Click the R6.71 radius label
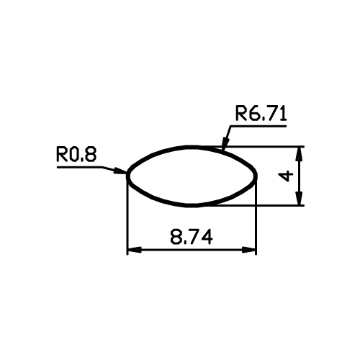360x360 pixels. coord(261,114)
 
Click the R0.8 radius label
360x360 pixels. coord(76,155)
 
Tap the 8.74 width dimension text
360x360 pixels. coord(192,237)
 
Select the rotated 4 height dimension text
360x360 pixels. coord(286,176)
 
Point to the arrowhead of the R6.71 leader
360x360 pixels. coord(225,144)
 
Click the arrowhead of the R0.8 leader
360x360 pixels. coord(120,171)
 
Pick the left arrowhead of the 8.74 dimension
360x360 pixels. coord(134,250)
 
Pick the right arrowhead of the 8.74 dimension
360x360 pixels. coord(248,250)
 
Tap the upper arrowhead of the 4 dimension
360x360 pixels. coord(299,153)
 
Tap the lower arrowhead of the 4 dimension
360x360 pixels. coord(299,199)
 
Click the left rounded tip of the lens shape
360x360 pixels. coord(128,176)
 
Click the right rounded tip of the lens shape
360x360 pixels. coord(256,176)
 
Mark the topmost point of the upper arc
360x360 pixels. coord(192,146)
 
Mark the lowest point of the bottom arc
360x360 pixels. coord(192,205)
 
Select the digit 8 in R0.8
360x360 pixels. coord(91,155)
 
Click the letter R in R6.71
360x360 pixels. coord(240,114)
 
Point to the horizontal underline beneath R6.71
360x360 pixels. coord(258,126)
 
